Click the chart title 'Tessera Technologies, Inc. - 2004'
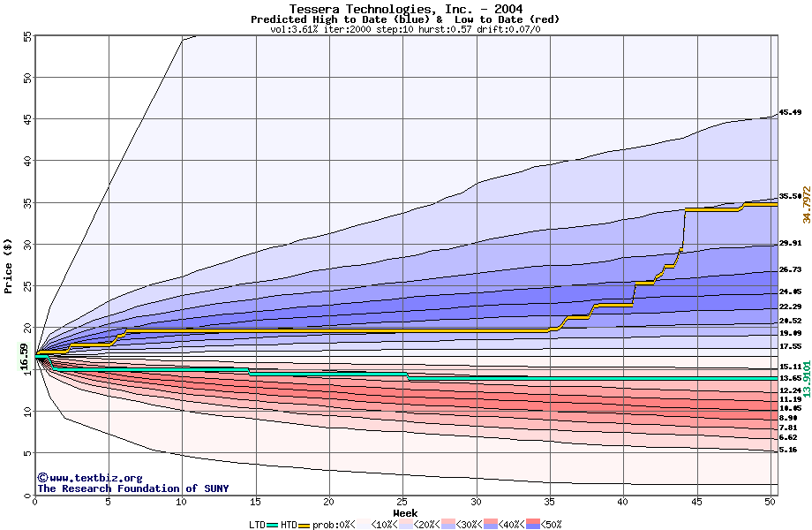click(x=405, y=9)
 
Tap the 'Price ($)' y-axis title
click(x=9, y=266)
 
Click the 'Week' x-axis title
click(x=405, y=512)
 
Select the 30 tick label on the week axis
click(x=476, y=502)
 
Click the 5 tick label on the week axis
click(x=108, y=502)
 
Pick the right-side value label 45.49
click(x=790, y=113)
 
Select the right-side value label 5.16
click(x=788, y=450)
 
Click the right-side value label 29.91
click(x=790, y=243)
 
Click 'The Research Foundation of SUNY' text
click(x=132, y=488)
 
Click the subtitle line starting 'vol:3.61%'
click(x=405, y=29)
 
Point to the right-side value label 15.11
click(x=790, y=366)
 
